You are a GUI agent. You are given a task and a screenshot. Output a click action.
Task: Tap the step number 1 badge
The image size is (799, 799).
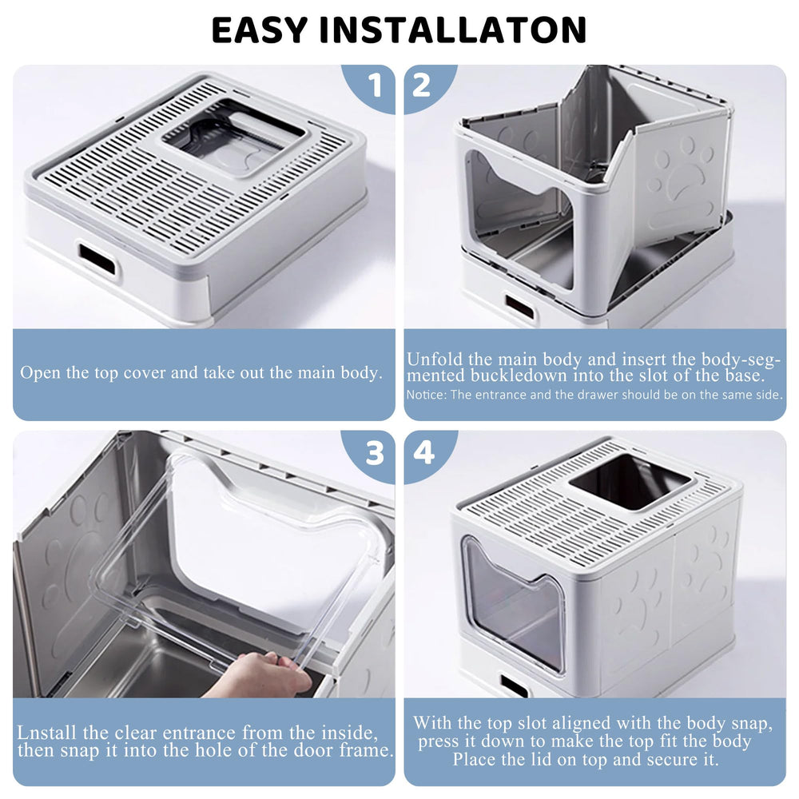pyautogui.click(x=372, y=85)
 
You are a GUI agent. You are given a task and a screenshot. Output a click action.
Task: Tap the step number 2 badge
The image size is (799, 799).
pyautogui.click(x=423, y=85)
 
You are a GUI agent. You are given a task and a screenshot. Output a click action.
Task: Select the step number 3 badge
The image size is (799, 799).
pyautogui.click(x=372, y=453)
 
